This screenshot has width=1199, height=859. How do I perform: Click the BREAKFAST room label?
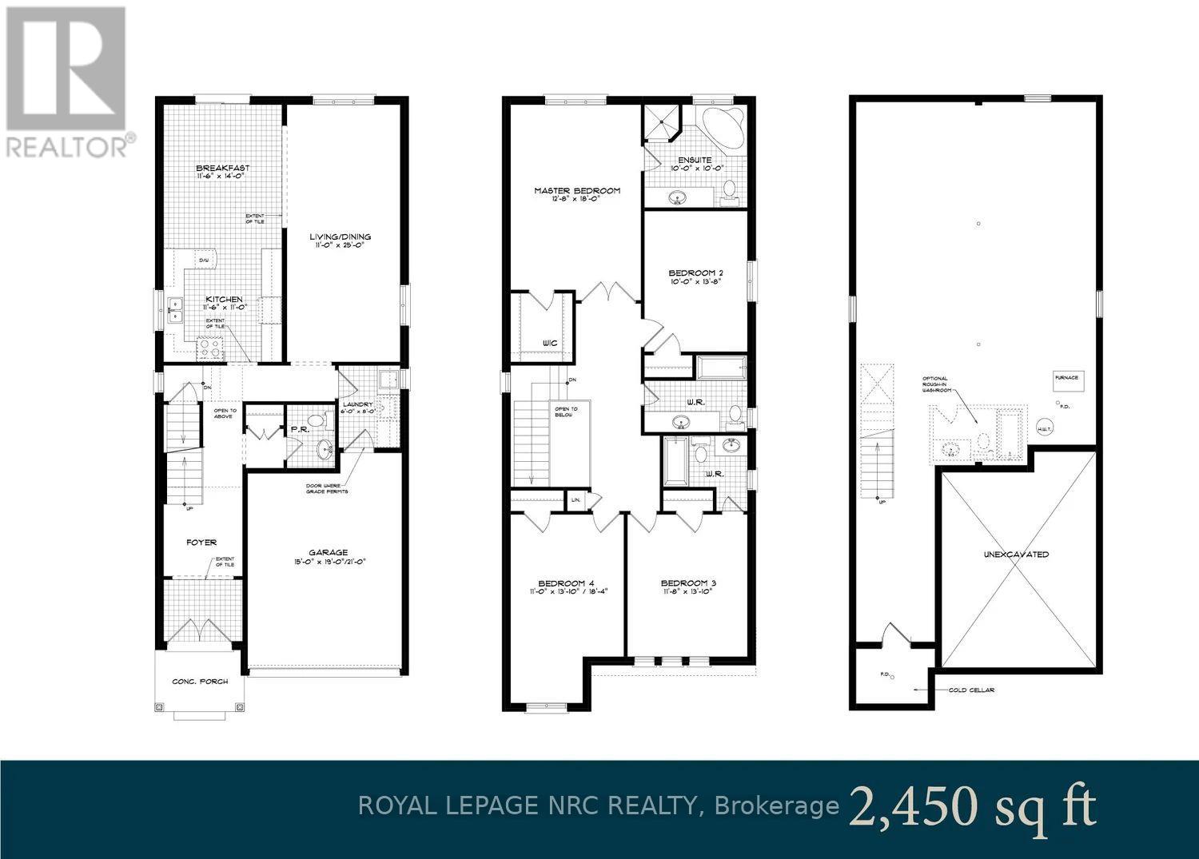pos(223,169)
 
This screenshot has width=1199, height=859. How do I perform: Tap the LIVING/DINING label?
pos(341,237)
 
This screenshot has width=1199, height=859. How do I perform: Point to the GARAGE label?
pos(329,552)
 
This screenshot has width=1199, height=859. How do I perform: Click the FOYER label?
pos(201,543)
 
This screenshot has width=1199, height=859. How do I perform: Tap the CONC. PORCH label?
pos(200,682)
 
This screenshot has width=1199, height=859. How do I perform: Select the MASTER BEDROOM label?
pos(577,191)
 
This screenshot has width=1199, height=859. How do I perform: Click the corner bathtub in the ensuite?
pos(723,125)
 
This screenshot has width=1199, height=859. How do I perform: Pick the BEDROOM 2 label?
pos(695,273)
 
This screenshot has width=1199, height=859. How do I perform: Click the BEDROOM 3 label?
pos(688,583)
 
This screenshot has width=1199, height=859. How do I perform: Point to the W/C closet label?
pos(548,343)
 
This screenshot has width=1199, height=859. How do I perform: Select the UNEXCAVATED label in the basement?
pos(1017,554)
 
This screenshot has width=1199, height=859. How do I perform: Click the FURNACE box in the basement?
pos(1066,378)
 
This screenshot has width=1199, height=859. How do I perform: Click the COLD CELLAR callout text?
pos(971,690)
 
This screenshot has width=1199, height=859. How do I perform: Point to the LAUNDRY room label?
pos(357,404)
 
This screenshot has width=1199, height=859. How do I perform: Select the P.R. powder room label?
pos(300,428)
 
